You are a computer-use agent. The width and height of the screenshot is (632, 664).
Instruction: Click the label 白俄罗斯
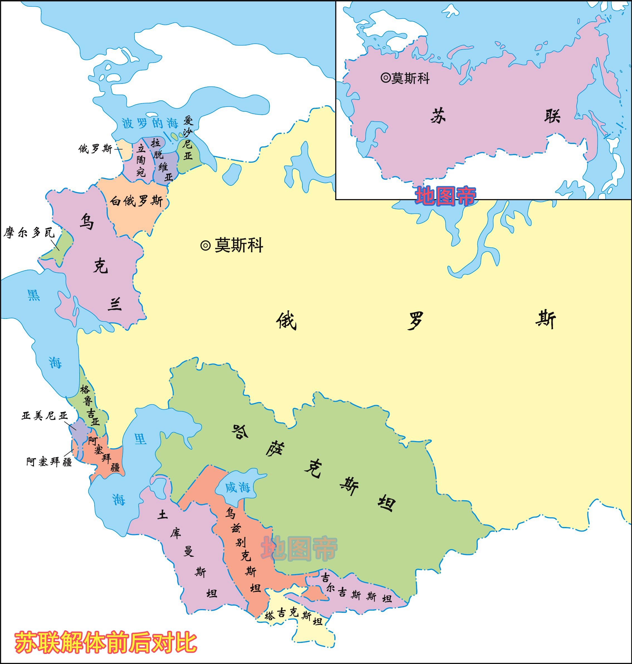click(x=136, y=201)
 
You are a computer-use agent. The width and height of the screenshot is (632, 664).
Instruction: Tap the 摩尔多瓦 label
click(x=29, y=232)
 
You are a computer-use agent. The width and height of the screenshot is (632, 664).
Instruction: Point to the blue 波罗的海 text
click(x=150, y=123)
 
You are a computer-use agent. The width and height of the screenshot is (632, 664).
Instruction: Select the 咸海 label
click(x=237, y=487)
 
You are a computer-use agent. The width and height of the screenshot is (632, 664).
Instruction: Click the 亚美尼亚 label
click(x=45, y=416)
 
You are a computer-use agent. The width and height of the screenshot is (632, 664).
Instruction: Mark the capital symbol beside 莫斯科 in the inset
click(x=385, y=78)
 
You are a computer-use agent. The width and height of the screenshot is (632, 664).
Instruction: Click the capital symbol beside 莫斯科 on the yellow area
click(x=205, y=245)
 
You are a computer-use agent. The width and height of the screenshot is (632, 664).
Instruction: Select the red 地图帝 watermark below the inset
click(x=445, y=196)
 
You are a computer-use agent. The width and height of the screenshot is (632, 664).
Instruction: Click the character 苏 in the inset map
click(x=438, y=117)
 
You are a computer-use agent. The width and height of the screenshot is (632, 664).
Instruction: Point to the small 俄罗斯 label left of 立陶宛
click(x=95, y=149)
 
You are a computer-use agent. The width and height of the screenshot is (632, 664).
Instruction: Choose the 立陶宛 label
click(x=141, y=160)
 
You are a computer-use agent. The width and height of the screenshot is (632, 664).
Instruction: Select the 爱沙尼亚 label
click(x=188, y=138)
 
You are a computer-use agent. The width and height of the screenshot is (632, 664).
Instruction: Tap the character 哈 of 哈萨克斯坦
click(x=240, y=431)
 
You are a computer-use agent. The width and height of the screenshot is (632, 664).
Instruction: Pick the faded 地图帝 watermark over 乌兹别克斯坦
click(x=299, y=548)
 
